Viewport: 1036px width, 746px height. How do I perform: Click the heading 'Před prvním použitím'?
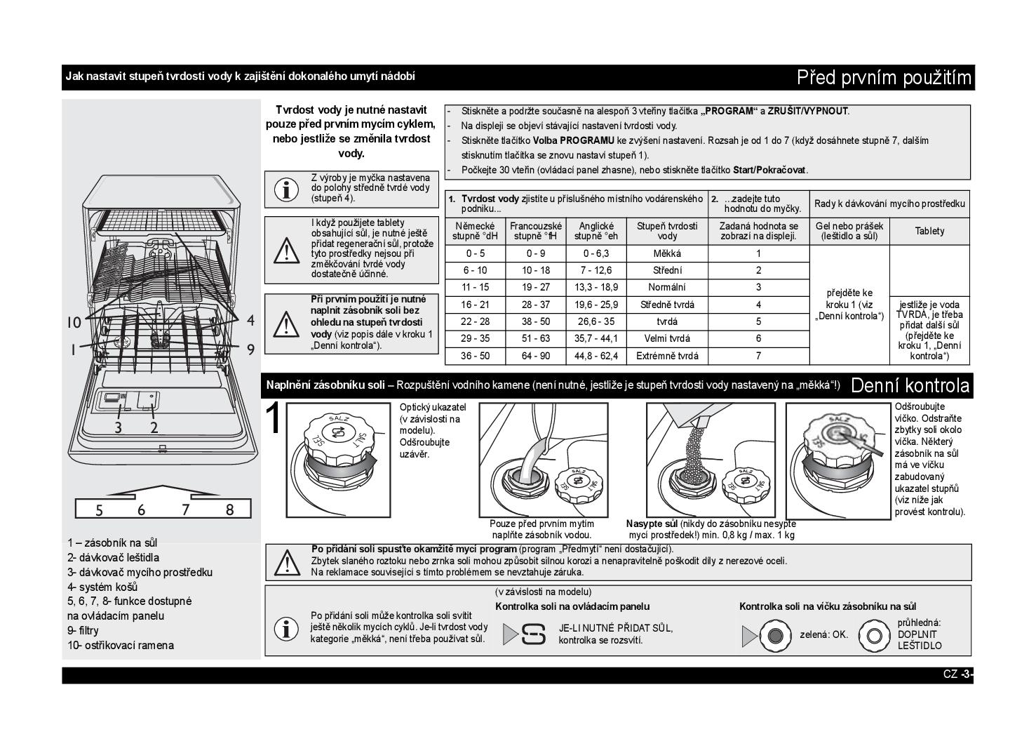pyautogui.click(x=884, y=77)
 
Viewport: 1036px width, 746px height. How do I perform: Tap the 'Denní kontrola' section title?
pyautogui.click(x=910, y=385)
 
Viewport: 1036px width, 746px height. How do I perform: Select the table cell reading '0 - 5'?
pyautogui.click(x=475, y=253)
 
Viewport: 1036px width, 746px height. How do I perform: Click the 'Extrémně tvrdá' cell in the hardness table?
pyautogui.click(x=667, y=356)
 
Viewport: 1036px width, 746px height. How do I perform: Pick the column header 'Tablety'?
pyautogui.click(x=929, y=231)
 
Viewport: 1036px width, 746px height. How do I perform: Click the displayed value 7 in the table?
pyautogui.click(x=758, y=356)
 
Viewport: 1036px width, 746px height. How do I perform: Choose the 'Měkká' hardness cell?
pyautogui.click(x=667, y=253)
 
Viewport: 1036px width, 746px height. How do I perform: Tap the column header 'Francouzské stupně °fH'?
pyautogui.click(x=536, y=231)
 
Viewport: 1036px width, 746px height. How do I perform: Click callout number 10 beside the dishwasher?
pyautogui.click(x=74, y=323)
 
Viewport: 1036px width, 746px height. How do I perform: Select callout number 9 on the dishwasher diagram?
pyautogui.click(x=250, y=349)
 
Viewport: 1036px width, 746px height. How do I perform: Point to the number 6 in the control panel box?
pyautogui.click(x=141, y=510)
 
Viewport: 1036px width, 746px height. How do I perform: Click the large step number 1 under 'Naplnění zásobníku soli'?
pyautogui.click(x=274, y=419)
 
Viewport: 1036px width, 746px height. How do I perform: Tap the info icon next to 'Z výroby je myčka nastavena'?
pyautogui.click(x=285, y=189)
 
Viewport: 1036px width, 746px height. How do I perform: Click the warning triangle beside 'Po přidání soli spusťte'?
pyautogui.click(x=286, y=562)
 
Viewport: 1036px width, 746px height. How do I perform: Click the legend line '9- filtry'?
pyautogui.click(x=83, y=630)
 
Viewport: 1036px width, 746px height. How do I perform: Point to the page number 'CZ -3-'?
pyautogui.click(x=957, y=675)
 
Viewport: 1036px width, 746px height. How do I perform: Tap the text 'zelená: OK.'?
pyautogui.click(x=823, y=634)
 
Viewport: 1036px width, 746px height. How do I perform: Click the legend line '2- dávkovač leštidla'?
pyautogui.click(x=113, y=557)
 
